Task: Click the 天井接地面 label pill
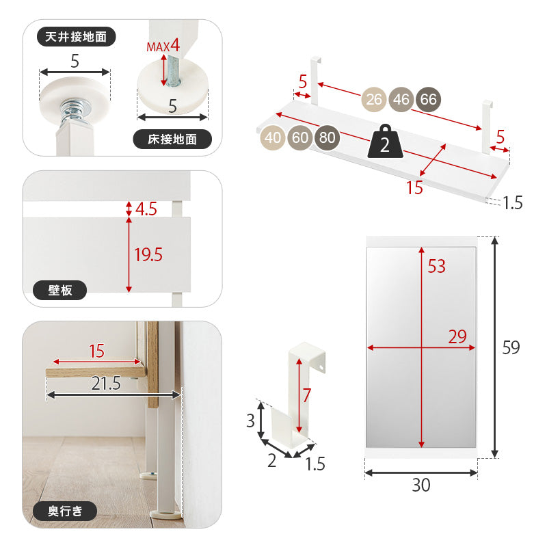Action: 76,37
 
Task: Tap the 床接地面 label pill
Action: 172,139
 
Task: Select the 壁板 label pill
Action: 59,290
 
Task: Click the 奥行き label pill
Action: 65,511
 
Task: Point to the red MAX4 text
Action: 163,46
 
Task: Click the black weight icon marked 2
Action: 385,142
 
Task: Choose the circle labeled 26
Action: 373,99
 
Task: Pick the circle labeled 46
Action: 401,99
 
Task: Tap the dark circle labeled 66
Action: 429,99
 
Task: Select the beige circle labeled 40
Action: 272,137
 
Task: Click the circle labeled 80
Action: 328,137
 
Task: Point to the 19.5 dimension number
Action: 148,254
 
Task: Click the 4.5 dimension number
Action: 146,209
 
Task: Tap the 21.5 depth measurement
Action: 106,383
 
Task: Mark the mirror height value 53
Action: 436,266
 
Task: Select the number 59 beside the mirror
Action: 511,347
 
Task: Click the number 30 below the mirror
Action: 421,485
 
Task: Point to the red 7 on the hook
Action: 306,395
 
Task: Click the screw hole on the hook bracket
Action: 321,367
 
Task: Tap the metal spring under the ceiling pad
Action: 74,111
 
